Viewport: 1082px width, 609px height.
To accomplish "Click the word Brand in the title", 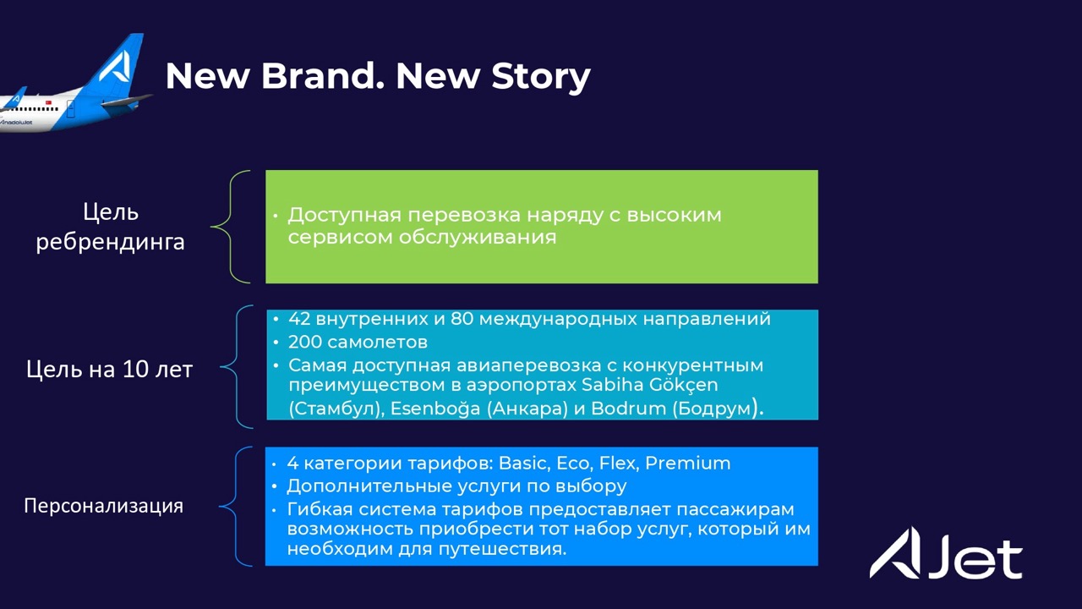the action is click(x=323, y=76).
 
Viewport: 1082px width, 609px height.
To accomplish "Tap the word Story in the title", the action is click(x=541, y=77).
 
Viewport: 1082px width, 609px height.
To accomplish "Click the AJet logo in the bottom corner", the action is click(x=946, y=553).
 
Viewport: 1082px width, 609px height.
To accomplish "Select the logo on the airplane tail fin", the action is click(x=114, y=66).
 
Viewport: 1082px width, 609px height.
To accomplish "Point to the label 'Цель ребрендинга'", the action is click(x=111, y=226).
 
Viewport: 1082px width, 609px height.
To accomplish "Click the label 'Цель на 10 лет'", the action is click(x=109, y=370).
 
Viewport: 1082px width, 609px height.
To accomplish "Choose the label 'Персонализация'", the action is click(x=103, y=506).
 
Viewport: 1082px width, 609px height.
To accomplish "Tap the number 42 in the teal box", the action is click(x=299, y=319).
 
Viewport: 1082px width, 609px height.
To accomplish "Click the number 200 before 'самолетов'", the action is click(x=305, y=343).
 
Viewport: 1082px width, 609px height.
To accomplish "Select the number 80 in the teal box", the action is click(x=462, y=319).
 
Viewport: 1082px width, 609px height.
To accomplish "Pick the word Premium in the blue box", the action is click(x=688, y=463).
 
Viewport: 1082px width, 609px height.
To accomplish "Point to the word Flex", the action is click(x=620, y=463).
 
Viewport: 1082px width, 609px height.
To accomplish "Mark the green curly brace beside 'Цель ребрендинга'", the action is click(x=230, y=226).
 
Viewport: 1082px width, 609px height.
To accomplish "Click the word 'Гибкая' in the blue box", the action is click(x=320, y=509).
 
